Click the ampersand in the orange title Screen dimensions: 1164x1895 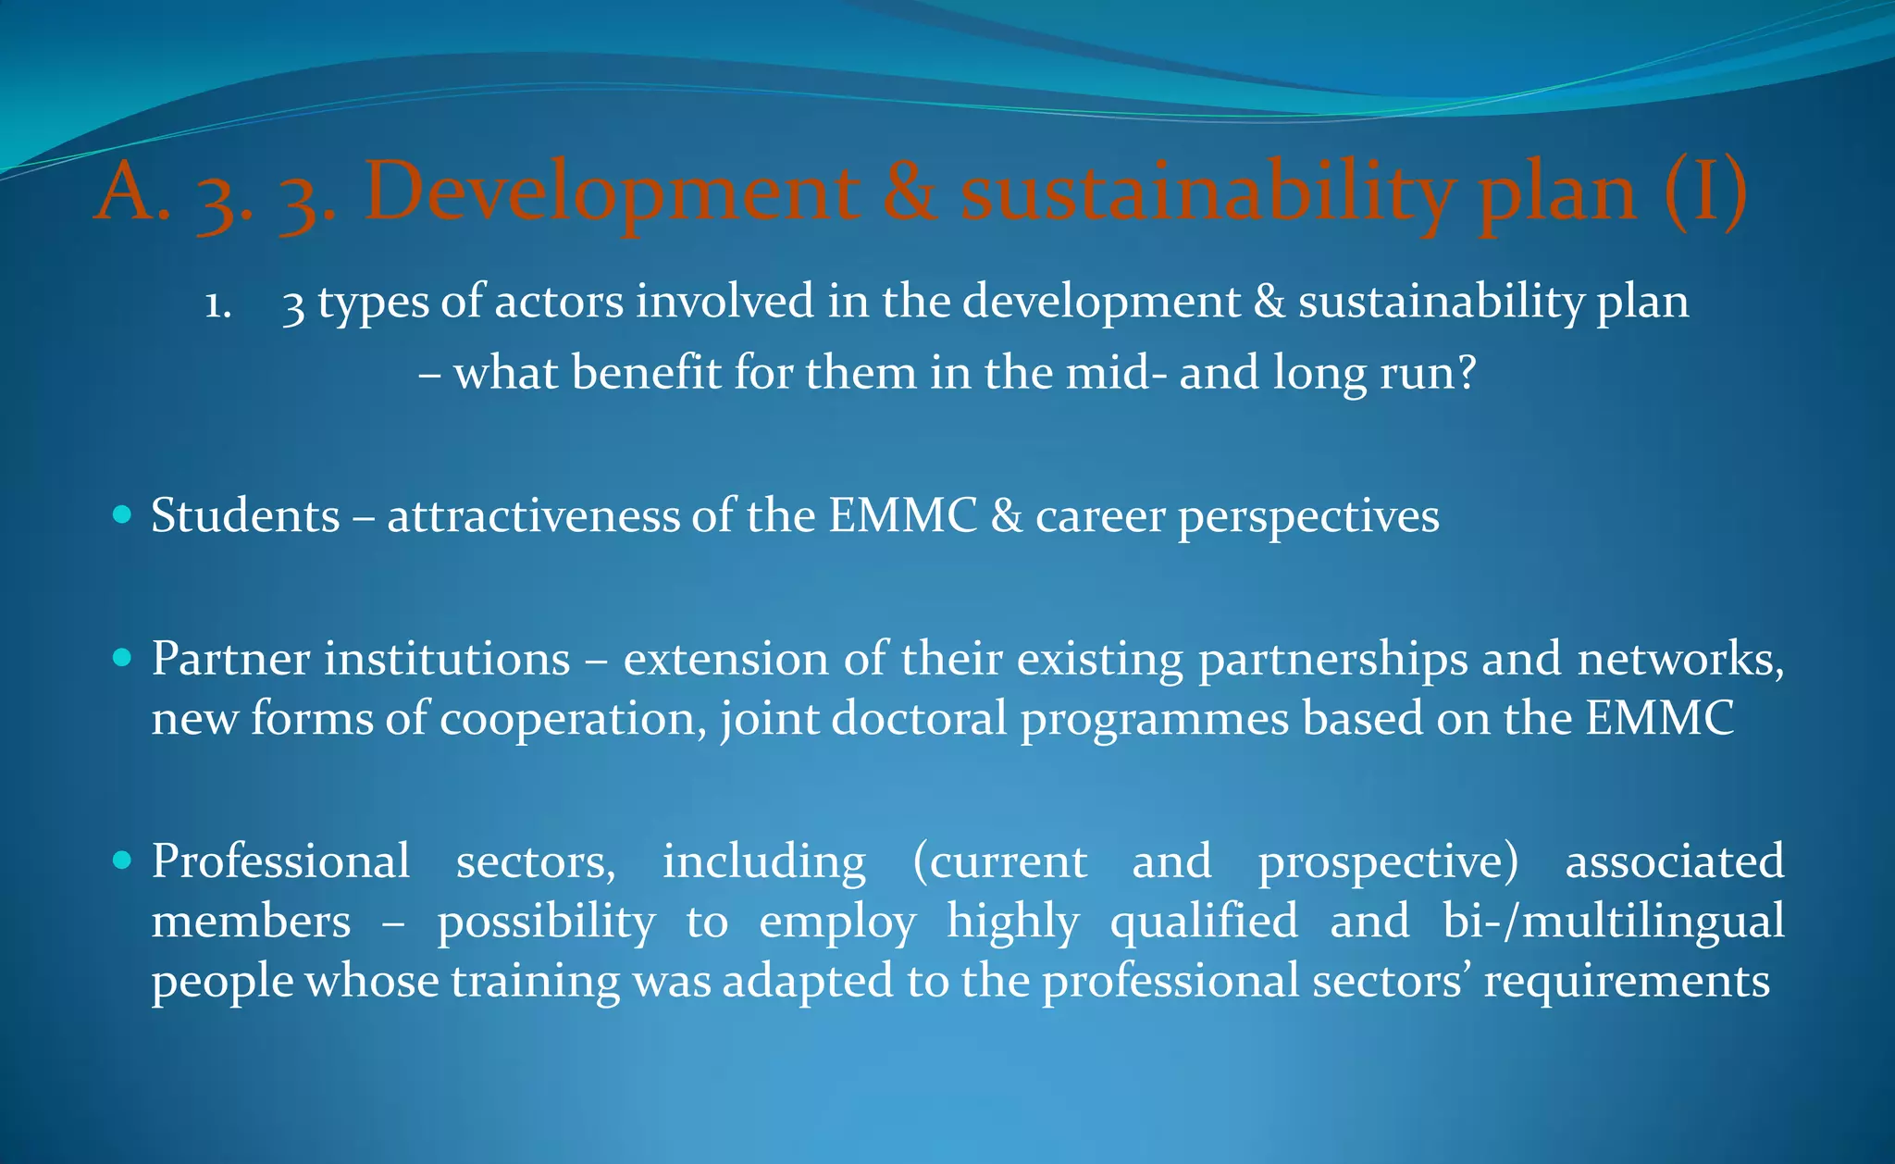click(x=909, y=192)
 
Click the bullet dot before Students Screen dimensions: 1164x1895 click(x=121, y=514)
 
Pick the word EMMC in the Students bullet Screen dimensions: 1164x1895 click(x=902, y=515)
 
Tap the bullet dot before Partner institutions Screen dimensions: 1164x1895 click(x=121, y=658)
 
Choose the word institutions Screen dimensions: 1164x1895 click(x=446, y=659)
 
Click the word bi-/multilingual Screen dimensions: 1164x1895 click(x=1614, y=922)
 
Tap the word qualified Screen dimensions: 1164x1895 click(x=1204, y=922)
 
